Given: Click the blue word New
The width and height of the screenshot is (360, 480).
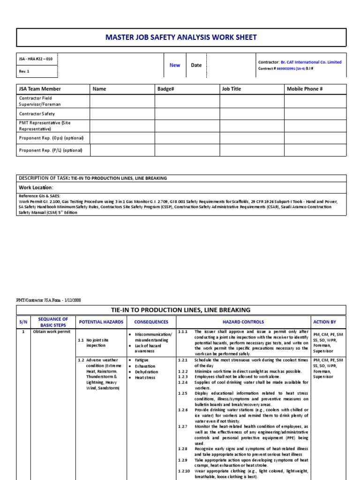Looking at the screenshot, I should [x=175, y=65].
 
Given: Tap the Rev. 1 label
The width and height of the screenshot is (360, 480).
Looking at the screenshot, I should [x=24, y=72].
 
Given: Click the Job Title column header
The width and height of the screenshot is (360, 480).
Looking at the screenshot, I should [x=231, y=89].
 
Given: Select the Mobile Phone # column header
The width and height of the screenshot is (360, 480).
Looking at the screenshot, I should [x=305, y=89].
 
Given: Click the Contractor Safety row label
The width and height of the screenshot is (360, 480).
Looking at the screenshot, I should [x=37, y=113].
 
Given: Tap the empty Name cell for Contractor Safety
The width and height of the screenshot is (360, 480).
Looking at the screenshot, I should [x=122, y=113].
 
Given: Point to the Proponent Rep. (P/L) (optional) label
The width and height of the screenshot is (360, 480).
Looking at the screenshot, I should [x=51, y=150].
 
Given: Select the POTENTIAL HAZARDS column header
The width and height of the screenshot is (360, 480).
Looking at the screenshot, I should [x=101, y=322].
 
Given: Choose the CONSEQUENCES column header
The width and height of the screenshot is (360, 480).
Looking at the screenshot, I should [x=151, y=322].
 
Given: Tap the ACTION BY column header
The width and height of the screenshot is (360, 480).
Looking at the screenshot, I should [x=325, y=322].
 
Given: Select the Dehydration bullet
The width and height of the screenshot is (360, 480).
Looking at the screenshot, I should [x=147, y=372].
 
